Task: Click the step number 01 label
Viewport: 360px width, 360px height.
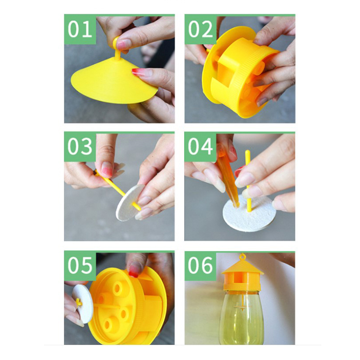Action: coord(80,29)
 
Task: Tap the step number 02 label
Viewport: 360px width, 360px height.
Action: coord(200,29)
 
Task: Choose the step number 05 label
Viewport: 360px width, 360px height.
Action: coord(80,265)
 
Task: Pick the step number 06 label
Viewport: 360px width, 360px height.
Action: coord(200,265)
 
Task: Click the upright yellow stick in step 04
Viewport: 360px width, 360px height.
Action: coord(248,181)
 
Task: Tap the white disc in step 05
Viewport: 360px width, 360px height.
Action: coord(83,303)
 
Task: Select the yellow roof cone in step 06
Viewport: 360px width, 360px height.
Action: coord(242,267)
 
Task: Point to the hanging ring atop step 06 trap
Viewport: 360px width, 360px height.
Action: coord(242,256)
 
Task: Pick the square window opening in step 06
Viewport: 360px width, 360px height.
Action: coord(238,279)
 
